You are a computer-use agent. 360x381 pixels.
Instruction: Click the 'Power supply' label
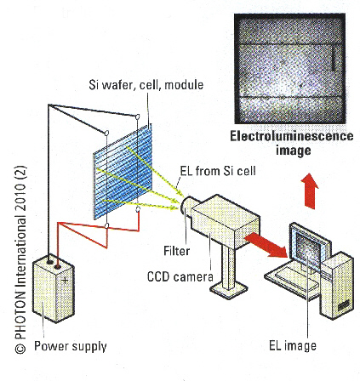(x=71, y=346)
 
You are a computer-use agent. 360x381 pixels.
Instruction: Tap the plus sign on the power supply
(x=65, y=281)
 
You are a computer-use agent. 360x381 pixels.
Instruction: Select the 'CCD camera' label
(x=180, y=276)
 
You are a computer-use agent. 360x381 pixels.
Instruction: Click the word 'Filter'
(x=177, y=251)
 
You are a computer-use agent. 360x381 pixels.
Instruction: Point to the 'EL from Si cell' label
(x=218, y=171)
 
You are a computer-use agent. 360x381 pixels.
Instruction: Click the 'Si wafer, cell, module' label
(x=146, y=85)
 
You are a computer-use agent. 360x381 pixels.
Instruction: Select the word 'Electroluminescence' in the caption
(x=292, y=136)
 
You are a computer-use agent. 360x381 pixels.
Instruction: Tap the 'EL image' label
(x=293, y=346)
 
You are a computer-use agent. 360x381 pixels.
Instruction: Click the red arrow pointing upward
(x=311, y=191)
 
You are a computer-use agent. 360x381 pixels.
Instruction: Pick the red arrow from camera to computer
(x=266, y=244)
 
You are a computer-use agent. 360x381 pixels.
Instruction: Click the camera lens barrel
(x=189, y=207)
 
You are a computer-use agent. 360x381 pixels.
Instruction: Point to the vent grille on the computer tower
(x=344, y=305)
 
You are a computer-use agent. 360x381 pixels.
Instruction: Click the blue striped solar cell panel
(x=123, y=172)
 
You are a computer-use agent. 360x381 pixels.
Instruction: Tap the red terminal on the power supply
(x=58, y=267)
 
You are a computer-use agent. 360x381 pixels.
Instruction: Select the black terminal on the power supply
(x=49, y=262)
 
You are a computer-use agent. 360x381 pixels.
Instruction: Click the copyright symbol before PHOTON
(x=20, y=349)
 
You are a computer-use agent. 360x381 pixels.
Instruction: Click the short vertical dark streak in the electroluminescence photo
(x=334, y=59)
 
